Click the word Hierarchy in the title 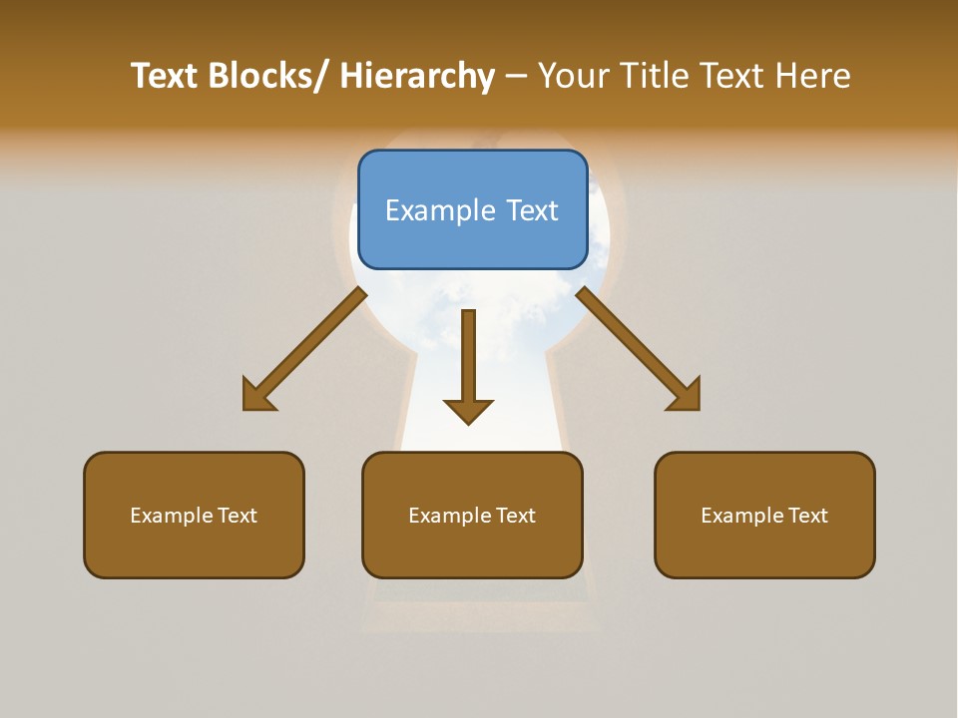click(x=417, y=76)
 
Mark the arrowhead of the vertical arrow click(x=468, y=410)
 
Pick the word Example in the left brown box click(x=172, y=516)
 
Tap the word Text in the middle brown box click(x=515, y=516)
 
